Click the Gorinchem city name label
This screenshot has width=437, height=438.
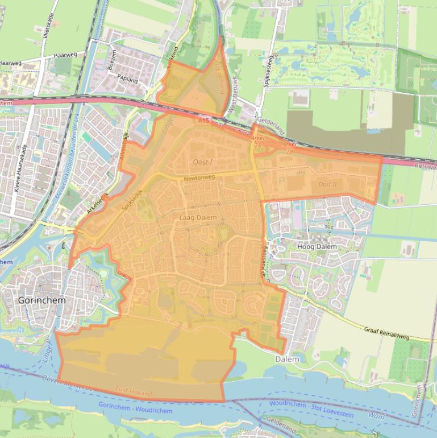tap(41, 300)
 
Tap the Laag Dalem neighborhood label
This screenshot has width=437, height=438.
tap(198, 217)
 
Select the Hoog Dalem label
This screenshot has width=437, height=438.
tap(317, 247)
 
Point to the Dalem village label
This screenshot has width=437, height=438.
tap(287, 360)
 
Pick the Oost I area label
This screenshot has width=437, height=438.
tap(203, 163)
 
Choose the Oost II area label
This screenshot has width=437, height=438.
tap(327, 184)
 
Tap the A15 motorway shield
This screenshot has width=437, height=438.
tap(204, 121)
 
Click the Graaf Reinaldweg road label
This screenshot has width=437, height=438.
tap(386, 333)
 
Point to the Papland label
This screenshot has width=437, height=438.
tap(127, 80)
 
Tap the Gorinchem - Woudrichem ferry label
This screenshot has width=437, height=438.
tap(135, 407)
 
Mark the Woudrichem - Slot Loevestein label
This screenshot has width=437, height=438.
tap(311, 409)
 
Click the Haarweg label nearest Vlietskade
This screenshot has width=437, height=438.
tap(65, 55)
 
